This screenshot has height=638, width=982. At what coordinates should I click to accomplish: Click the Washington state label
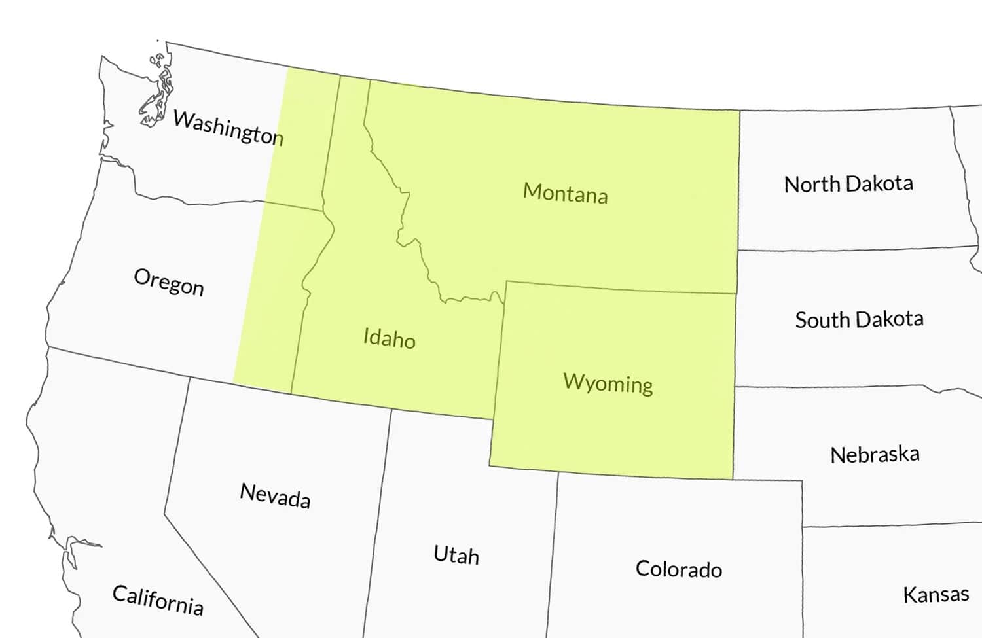pos(228,128)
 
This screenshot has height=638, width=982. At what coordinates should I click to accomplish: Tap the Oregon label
pos(169,282)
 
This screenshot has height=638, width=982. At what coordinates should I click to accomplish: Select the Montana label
pos(565,193)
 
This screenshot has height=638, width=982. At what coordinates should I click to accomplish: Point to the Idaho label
pos(389,338)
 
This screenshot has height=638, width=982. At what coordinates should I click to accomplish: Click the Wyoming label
pos(608,383)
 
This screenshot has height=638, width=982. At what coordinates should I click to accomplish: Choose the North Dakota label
pos(848,184)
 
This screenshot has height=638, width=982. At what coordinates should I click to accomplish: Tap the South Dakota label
pos(859,319)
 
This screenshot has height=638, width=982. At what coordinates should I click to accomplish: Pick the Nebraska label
pos(875,454)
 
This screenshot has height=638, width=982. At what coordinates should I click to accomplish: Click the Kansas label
pos(936,594)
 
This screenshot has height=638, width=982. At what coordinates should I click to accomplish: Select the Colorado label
pos(679,569)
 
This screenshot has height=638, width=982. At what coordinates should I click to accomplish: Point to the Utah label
pos(456,555)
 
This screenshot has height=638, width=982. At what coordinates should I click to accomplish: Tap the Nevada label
pos(275,495)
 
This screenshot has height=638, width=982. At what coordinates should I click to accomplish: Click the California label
pos(158,600)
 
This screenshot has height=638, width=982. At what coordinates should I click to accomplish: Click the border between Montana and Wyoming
pos(622,288)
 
